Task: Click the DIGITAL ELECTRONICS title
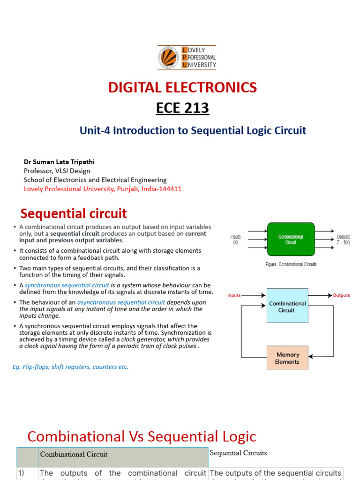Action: tap(182, 87)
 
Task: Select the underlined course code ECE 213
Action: tap(182, 108)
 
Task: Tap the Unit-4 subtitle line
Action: tap(193, 130)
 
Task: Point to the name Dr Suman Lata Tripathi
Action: tap(59, 162)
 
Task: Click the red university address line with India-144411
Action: tap(103, 189)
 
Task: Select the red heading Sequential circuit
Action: tap(74, 214)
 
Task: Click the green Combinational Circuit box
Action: tap(291, 240)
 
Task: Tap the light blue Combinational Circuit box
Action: tap(287, 306)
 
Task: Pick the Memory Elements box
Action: tap(287, 358)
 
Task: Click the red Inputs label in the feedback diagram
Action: tap(234, 295)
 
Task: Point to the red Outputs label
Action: tap(341, 295)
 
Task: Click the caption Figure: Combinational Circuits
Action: tap(291, 264)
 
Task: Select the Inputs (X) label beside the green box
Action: tap(236, 240)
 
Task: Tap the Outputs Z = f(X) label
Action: tap(343, 240)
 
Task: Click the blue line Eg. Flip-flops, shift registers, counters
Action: tap(70, 367)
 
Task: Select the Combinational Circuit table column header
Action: tap(74, 454)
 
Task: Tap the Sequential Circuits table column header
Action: tap(238, 453)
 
